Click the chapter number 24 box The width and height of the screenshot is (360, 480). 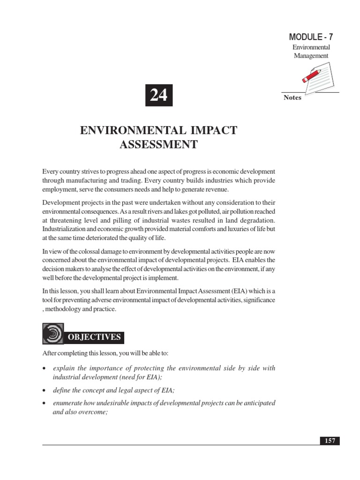159,96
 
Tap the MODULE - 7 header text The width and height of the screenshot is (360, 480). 311,37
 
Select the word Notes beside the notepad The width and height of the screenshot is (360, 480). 292,98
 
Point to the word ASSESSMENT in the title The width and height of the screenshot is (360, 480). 158,144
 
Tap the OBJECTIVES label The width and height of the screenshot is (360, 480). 95,337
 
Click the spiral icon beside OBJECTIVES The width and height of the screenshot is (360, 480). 52,334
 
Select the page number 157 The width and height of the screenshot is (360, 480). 330,441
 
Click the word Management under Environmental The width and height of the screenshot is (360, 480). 311,56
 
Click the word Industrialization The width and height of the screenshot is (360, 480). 66,229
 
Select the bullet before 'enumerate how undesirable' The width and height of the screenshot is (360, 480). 44,404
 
